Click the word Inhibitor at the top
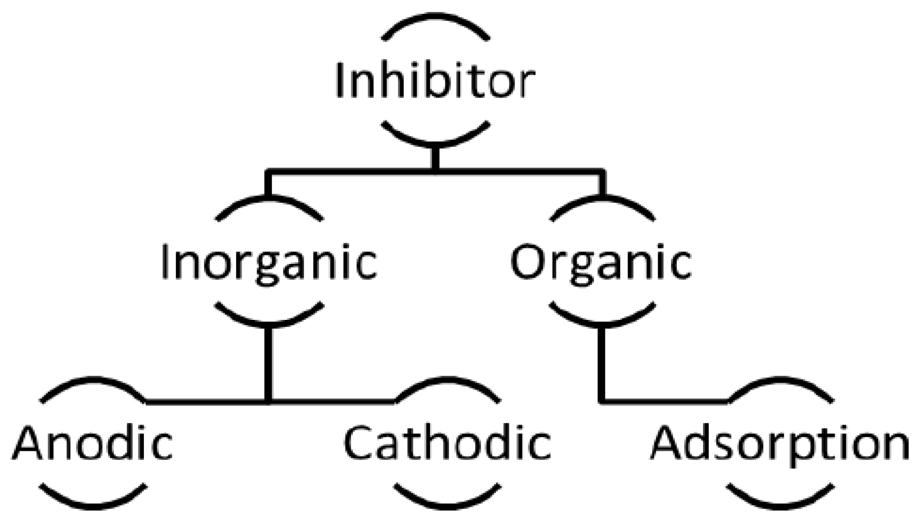[434, 80]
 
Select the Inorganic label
[269, 262]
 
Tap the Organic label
[601, 262]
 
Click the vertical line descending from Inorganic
[269, 363]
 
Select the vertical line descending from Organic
[602, 363]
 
